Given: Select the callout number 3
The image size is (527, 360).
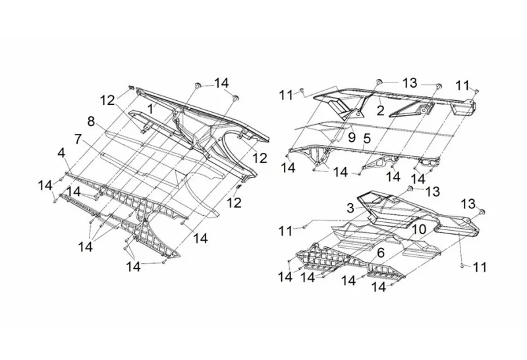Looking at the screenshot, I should (x=351, y=208).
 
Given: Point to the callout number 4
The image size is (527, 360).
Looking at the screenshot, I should (x=61, y=153).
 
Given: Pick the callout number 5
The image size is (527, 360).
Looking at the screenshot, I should (x=368, y=138).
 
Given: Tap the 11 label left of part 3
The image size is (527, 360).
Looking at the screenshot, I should (x=285, y=231).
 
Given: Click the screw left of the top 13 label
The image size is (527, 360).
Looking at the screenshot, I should (x=380, y=81).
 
